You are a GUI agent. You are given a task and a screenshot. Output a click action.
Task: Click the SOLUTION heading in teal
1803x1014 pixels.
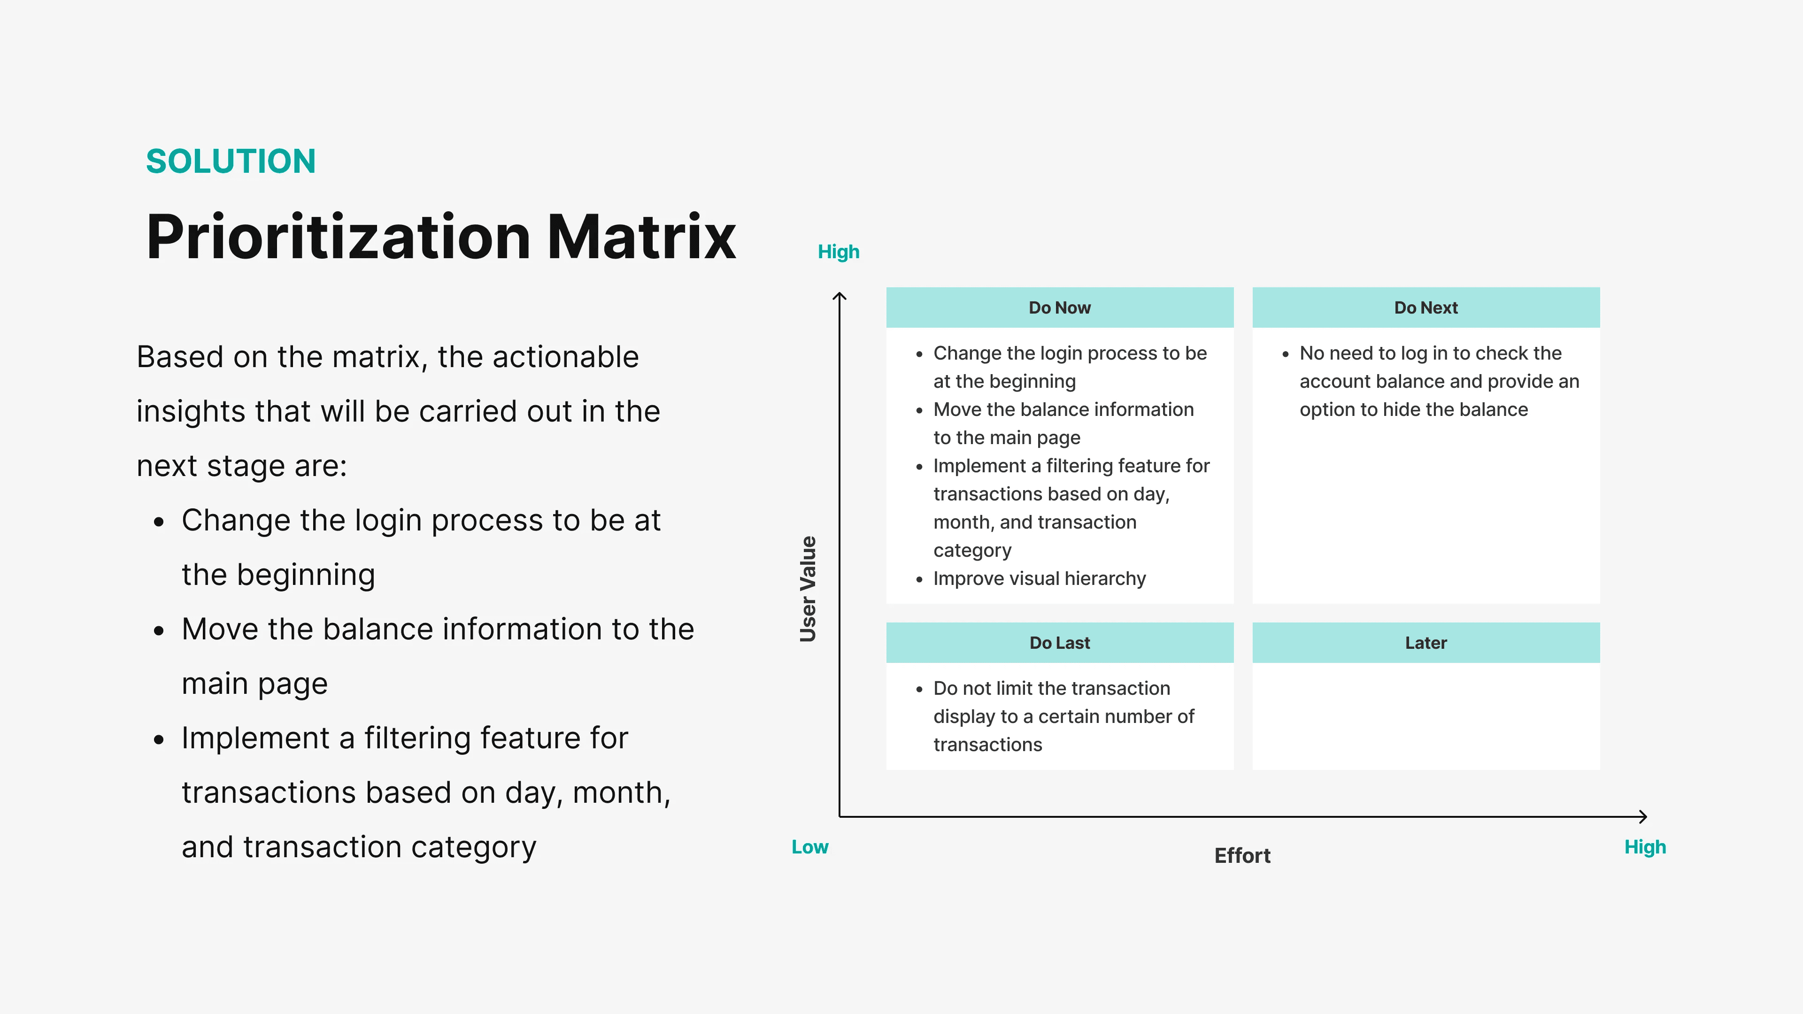[231, 161]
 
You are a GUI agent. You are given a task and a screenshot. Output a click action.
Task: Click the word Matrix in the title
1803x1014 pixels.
[641, 237]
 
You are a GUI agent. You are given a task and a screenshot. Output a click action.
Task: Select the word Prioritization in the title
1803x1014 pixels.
[338, 237]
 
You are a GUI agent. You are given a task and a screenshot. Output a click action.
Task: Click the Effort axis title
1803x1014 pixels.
[1242, 855]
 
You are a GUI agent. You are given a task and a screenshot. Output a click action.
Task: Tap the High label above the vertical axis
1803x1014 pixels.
[839, 252]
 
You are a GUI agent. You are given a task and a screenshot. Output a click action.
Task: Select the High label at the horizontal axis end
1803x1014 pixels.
[1645, 847]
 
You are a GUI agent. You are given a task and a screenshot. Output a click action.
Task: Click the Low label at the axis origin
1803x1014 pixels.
[810, 847]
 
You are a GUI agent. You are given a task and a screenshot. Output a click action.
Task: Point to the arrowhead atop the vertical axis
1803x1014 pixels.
[839, 296]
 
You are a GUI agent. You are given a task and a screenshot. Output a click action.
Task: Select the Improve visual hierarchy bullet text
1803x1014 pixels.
[1040, 579]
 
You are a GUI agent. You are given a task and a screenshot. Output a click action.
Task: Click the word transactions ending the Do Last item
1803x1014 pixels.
[987, 745]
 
